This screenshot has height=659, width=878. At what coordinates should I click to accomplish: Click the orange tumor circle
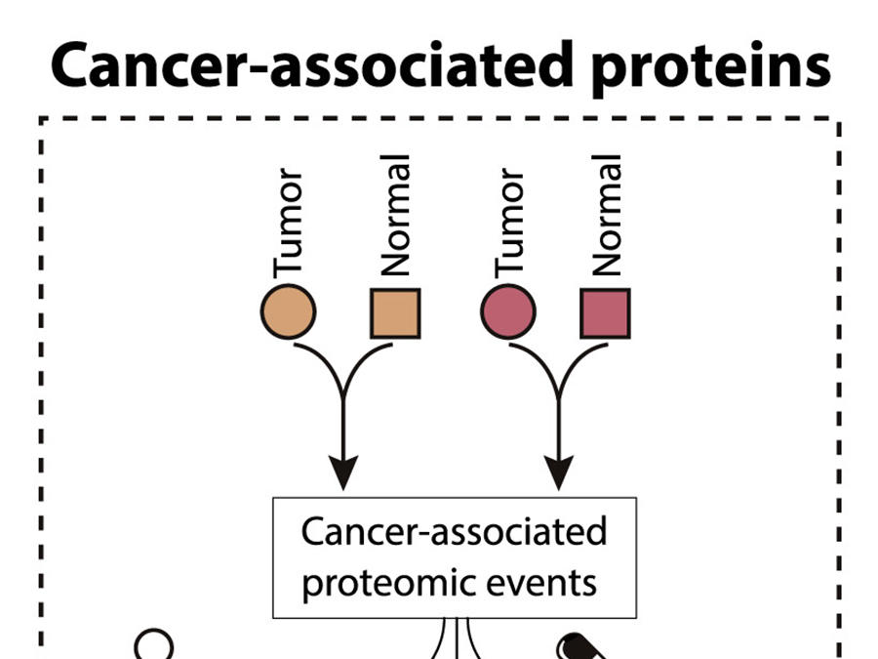point(288,313)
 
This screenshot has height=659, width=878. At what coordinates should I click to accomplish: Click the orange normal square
point(395,313)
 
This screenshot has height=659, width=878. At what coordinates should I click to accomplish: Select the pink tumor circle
point(508,313)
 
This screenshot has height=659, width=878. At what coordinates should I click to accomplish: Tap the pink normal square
point(605,313)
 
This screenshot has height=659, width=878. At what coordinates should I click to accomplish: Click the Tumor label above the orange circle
point(290,224)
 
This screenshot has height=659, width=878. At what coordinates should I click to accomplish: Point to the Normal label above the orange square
point(396,217)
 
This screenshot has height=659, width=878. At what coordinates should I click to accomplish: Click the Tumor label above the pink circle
point(509,224)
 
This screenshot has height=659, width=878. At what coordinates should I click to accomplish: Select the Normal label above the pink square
point(606,217)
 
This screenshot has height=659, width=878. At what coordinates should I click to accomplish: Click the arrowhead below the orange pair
point(342,473)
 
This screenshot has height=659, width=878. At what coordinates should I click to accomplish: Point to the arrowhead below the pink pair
point(558,473)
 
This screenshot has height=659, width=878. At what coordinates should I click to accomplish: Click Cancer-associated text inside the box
point(454,532)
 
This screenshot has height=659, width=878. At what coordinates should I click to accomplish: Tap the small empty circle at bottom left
point(154,644)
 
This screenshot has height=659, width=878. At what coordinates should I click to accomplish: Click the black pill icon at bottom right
point(581,646)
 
